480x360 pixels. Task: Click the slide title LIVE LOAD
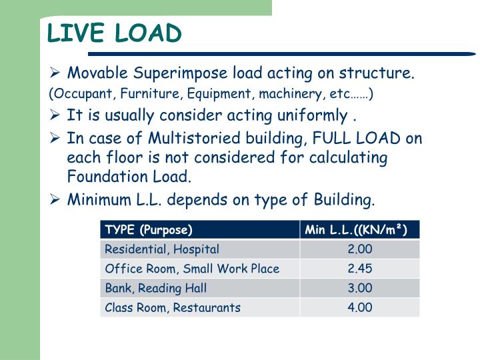(114, 33)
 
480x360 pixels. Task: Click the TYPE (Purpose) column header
(148, 230)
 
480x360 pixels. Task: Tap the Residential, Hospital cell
(162, 249)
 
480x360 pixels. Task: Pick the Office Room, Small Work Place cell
(192, 269)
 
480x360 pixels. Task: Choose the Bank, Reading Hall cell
(156, 288)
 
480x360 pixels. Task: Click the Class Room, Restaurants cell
(173, 307)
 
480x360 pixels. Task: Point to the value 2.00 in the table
(359, 249)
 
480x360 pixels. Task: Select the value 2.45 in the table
(359, 269)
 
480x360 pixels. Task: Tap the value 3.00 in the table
(359, 288)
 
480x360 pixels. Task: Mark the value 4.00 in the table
(359, 307)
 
